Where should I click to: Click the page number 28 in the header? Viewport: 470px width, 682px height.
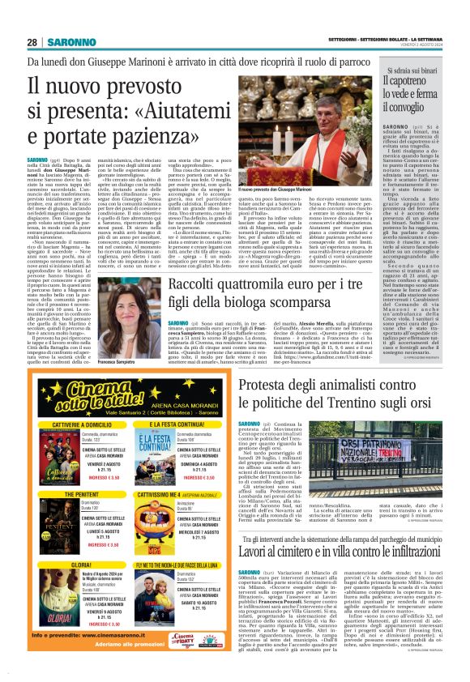click(x=32, y=42)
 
